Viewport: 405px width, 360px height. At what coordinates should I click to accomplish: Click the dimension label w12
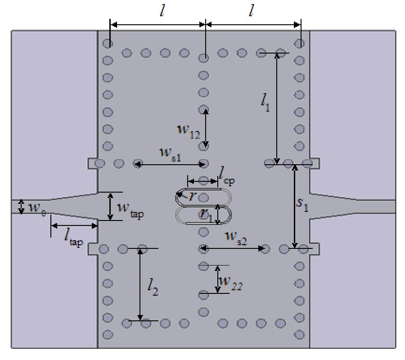tap(188, 131)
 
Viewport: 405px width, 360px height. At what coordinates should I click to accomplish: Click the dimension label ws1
tap(170, 153)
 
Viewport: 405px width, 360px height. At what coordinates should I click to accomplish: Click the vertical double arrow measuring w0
tap(20, 207)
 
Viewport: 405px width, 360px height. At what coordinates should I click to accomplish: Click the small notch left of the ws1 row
tap(92, 163)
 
